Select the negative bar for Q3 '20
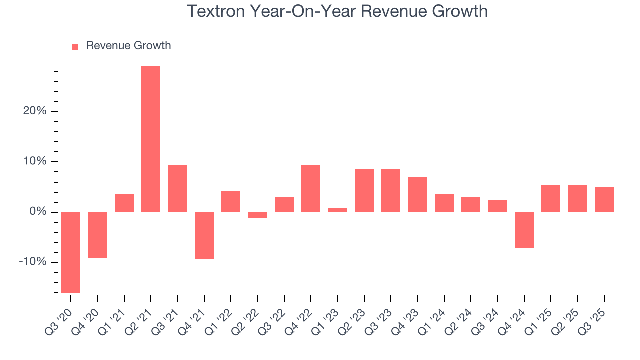tap(71, 252)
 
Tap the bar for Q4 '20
tap(98, 235)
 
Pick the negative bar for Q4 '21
tap(204, 235)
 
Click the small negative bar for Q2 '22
tap(258, 215)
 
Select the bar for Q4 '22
tap(311, 188)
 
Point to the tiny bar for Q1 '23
tap(338, 210)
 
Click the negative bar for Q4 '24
tap(524, 230)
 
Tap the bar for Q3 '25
tap(604, 199)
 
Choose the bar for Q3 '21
tap(178, 188)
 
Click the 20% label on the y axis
tap(35, 111)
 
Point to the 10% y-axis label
tap(35, 162)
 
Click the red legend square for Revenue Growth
tap(75, 46)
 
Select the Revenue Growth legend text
tap(128, 46)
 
